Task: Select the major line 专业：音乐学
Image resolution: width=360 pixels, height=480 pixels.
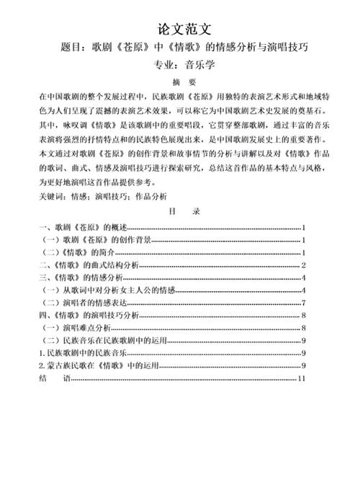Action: tap(184, 66)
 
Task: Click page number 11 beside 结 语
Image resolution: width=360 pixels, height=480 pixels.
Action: tap(303, 378)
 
